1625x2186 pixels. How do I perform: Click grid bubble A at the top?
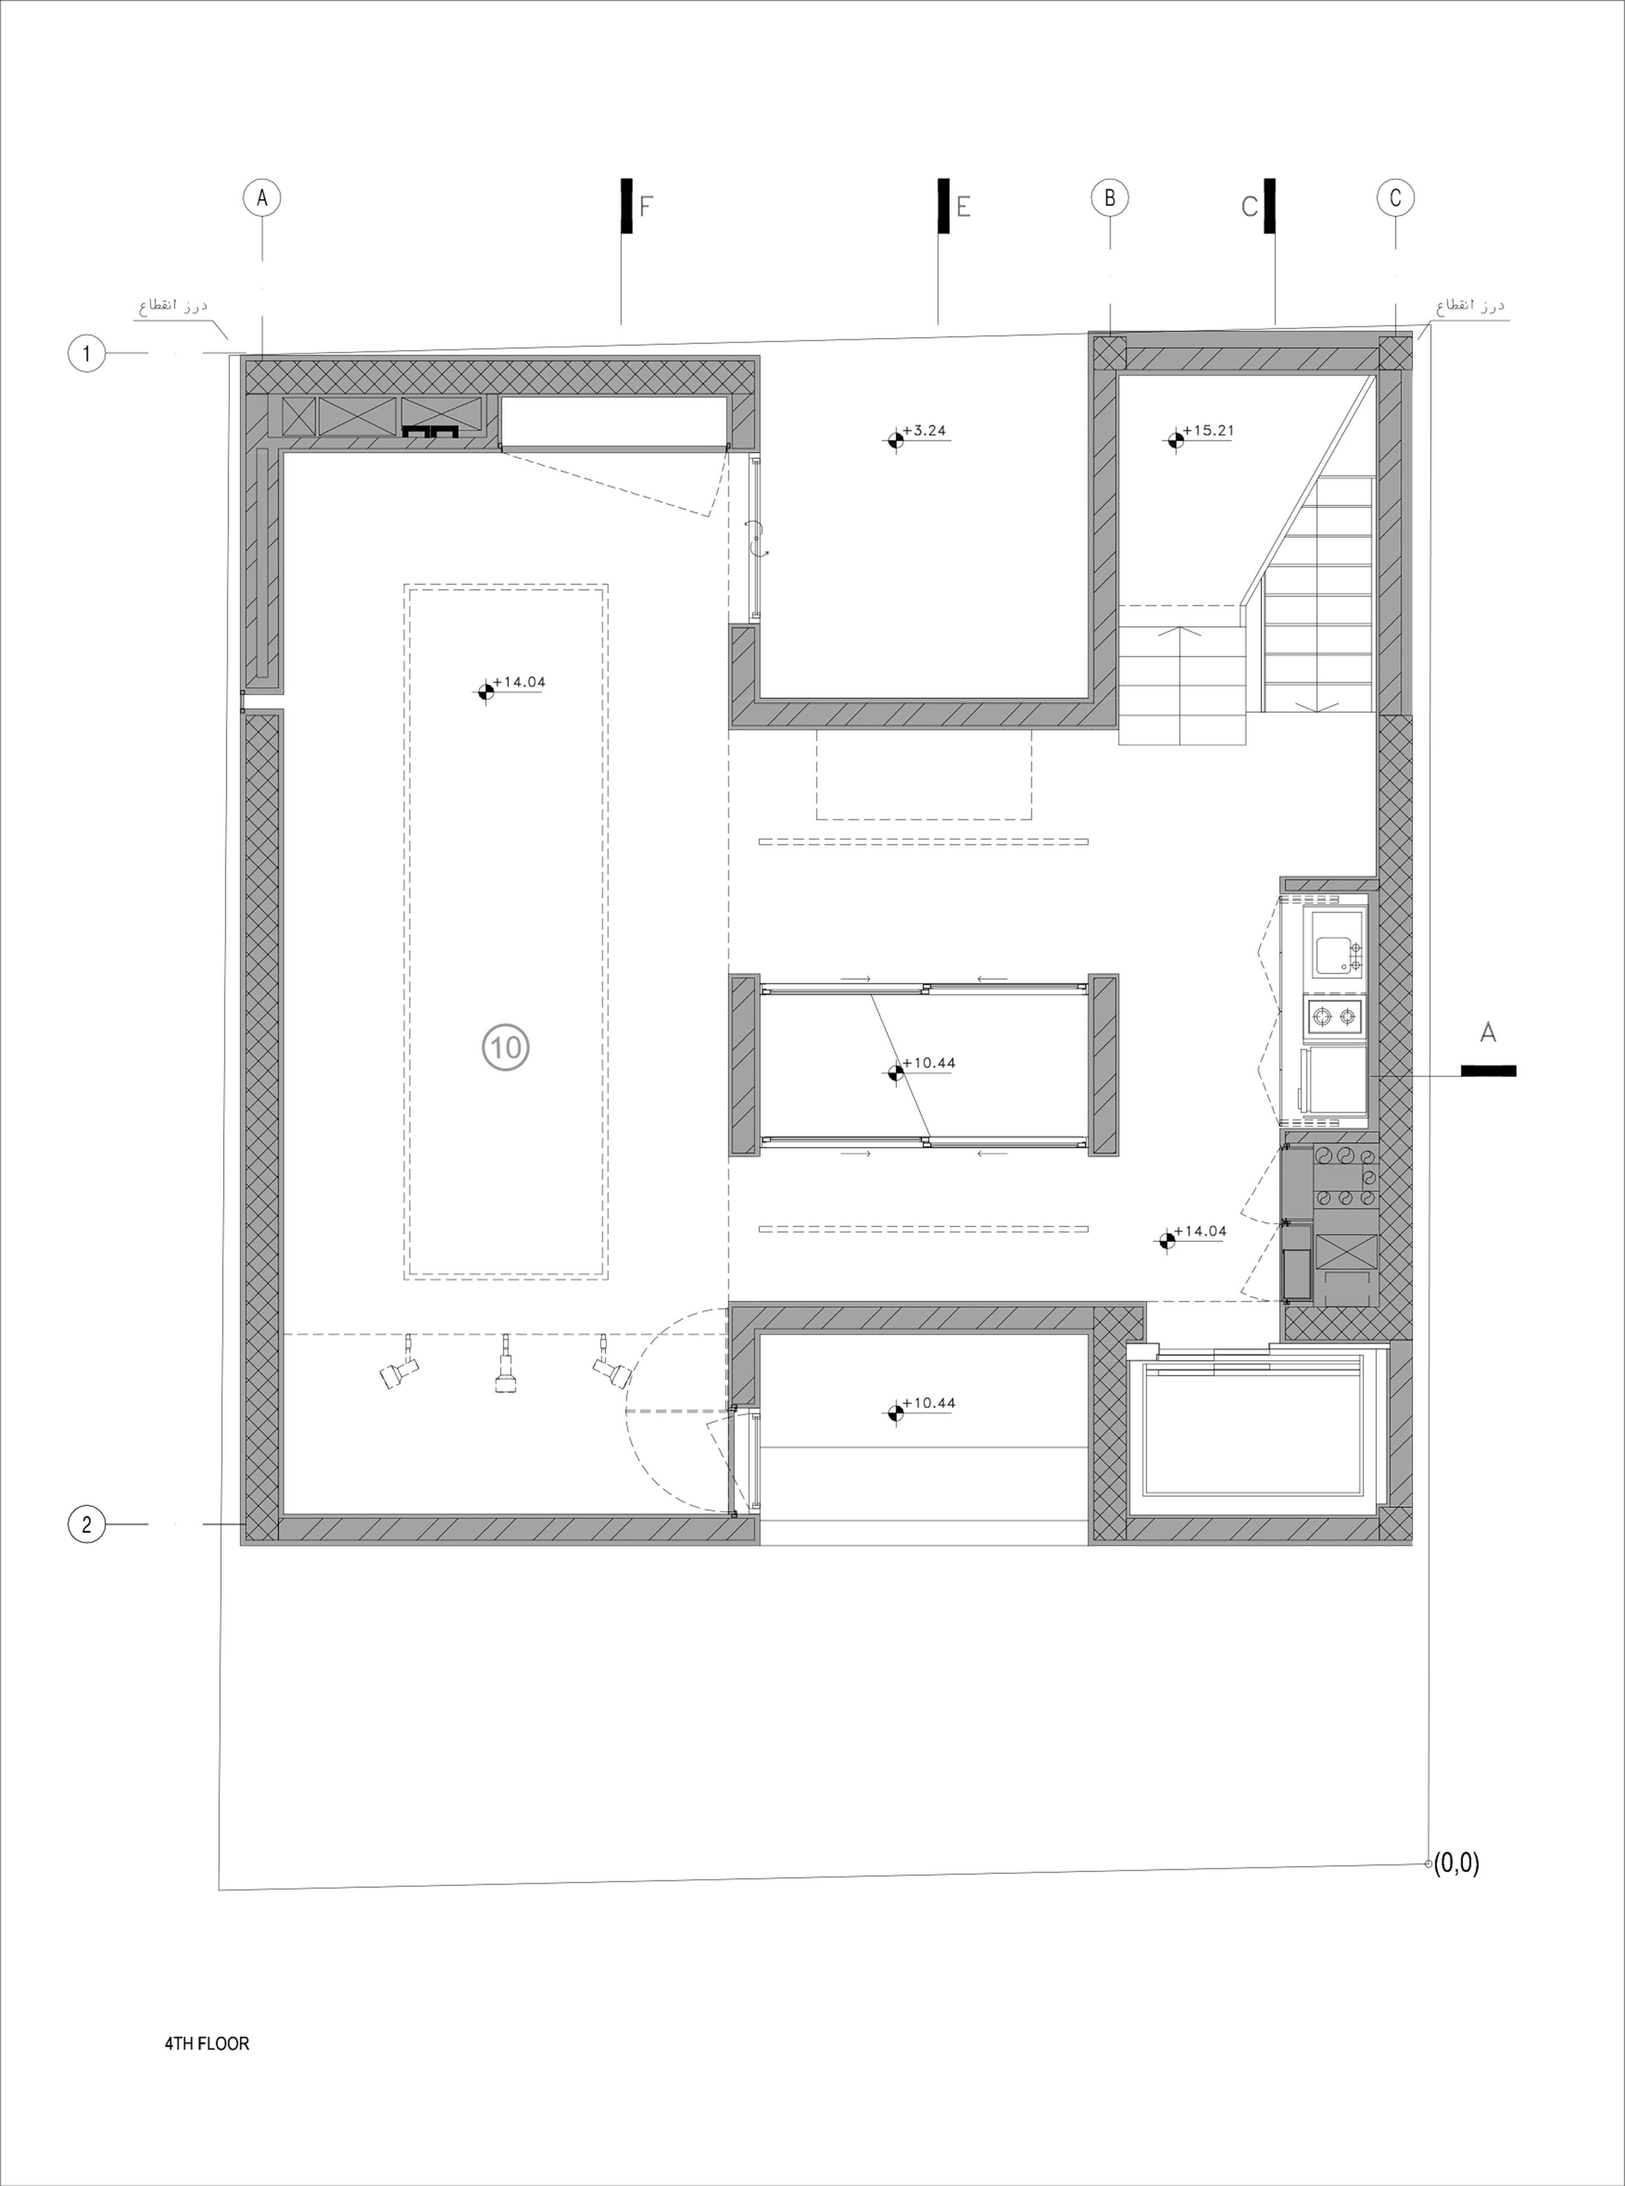[x=262, y=198]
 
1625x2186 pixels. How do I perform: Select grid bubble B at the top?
[x=1109, y=198]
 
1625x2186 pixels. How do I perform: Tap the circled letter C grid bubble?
[x=1395, y=198]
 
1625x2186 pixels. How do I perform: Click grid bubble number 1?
[x=86, y=353]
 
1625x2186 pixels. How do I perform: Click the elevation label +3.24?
[x=929, y=431]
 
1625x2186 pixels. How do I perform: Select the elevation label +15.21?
[x=1208, y=431]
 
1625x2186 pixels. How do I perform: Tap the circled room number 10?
[x=506, y=1047]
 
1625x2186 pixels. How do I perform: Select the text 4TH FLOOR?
[x=207, y=2043]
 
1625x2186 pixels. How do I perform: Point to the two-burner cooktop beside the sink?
[x=1335, y=1017]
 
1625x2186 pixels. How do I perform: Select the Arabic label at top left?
[x=173, y=306]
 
